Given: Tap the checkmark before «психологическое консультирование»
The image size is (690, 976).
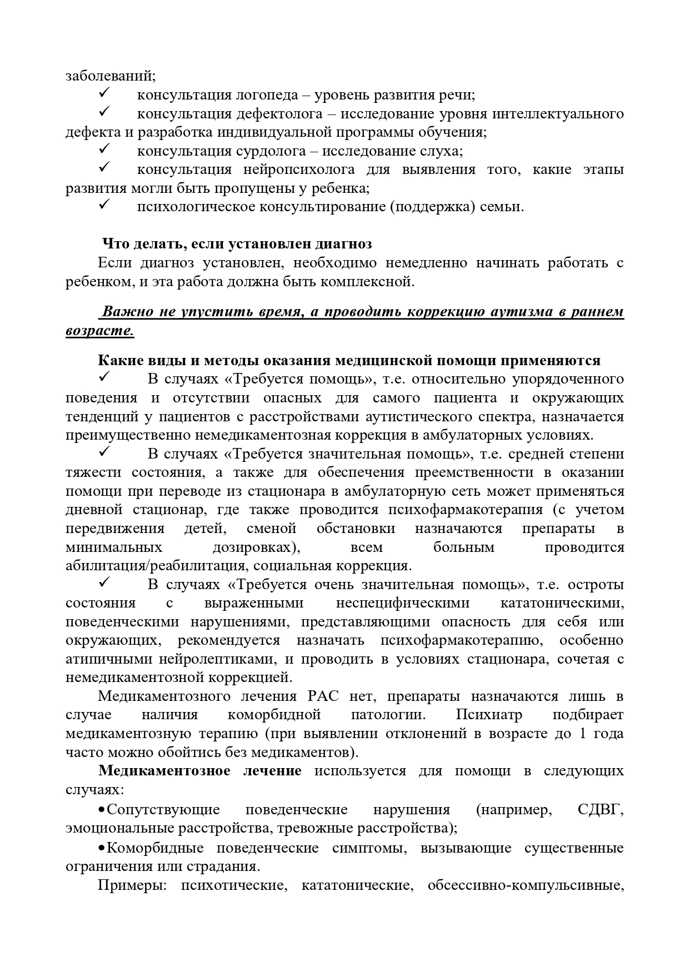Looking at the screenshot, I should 105,206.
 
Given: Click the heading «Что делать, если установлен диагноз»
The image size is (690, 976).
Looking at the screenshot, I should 237,244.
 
